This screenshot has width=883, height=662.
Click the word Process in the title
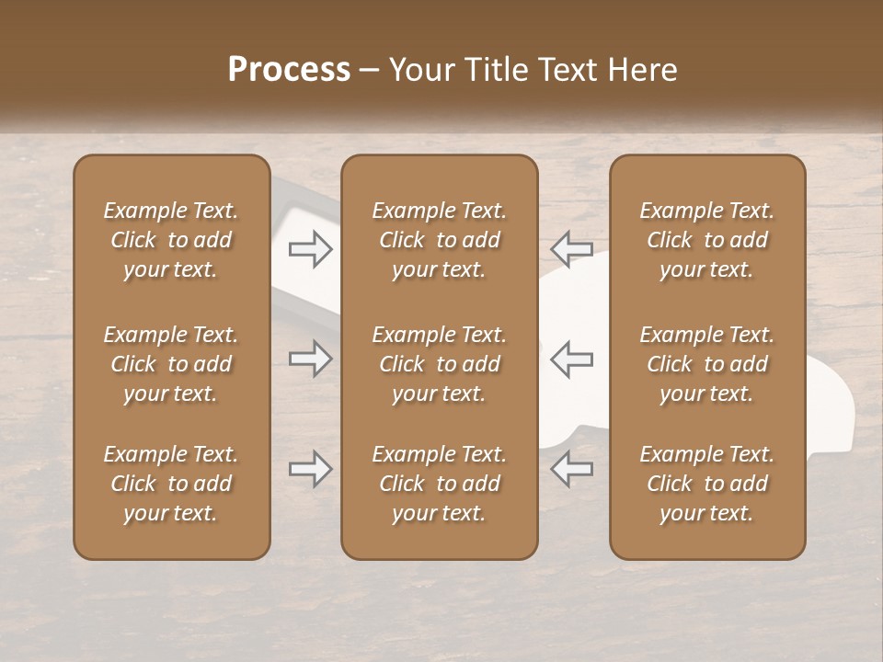tap(289, 70)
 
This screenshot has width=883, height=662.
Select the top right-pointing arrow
tap(311, 249)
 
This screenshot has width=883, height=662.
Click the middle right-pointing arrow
tap(311, 359)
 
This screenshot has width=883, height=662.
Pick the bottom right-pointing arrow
tap(311, 470)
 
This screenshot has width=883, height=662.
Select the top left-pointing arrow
tap(571, 249)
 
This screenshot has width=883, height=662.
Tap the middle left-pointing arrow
tap(571, 359)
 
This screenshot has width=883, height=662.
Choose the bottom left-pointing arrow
tap(571, 470)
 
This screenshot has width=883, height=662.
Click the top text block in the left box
tap(171, 240)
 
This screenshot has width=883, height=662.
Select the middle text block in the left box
tap(171, 364)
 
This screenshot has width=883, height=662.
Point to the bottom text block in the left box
tap(171, 484)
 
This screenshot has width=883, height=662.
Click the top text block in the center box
tap(439, 240)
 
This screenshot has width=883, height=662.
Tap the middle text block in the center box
tap(439, 364)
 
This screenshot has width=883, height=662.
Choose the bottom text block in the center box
tap(439, 484)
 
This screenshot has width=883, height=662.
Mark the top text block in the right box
tap(706, 240)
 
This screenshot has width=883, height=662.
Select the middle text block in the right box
tap(706, 364)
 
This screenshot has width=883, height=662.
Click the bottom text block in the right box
tap(706, 484)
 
